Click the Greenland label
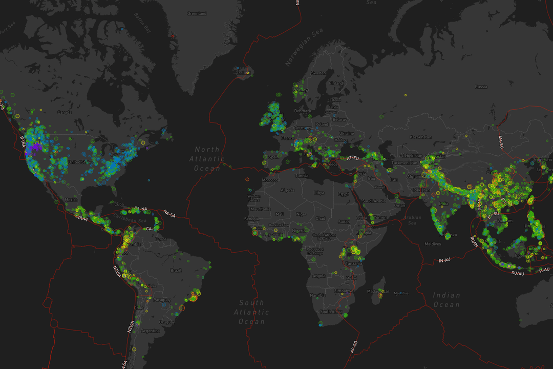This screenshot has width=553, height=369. [x=197, y=13]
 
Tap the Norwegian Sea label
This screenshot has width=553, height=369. [x=304, y=52]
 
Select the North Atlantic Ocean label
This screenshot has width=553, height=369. [x=207, y=158]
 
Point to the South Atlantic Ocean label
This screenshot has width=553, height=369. [x=251, y=312]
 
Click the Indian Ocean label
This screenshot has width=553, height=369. [x=446, y=300]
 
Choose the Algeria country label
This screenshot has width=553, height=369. [x=287, y=190]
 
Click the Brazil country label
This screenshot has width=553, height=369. [x=176, y=270]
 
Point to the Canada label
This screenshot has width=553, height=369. [x=64, y=112]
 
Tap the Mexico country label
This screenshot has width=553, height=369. [x=71, y=199]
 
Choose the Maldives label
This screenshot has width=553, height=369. [x=433, y=244]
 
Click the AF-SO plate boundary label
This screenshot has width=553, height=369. [x=354, y=347]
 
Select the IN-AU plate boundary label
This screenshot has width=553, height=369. [x=444, y=261]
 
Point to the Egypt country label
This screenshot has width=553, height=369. [x=344, y=194]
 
